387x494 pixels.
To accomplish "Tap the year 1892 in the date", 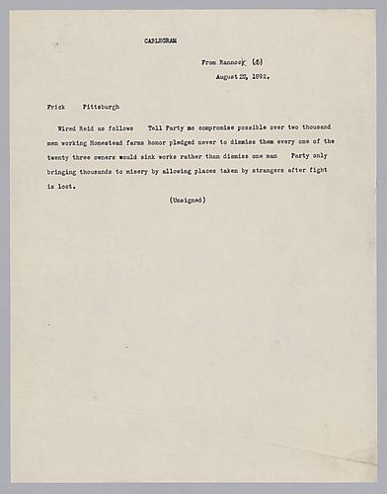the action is coord(259,75).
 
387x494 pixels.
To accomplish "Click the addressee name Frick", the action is coord(56,105).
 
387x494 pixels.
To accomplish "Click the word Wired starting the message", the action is coord(64,128).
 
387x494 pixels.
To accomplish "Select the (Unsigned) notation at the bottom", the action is coord(187,201).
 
